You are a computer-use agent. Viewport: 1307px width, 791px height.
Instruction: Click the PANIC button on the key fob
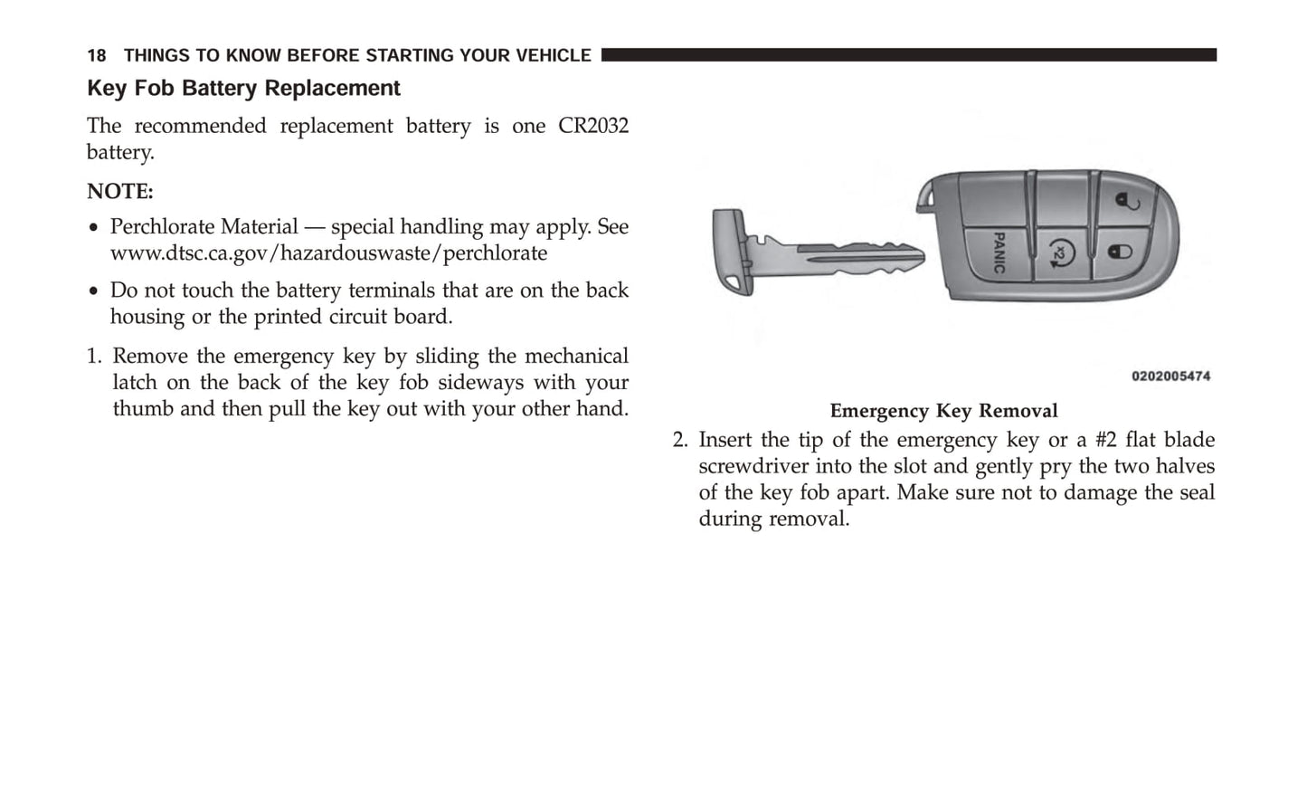click(x=999, y=253)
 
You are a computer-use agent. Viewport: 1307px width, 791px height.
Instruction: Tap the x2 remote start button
click(x=1060, y=254)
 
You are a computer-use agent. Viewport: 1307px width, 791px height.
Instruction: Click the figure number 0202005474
click(x=1170, y=376)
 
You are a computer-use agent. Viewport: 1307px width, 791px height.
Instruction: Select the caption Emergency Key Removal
click(x=943, y=411)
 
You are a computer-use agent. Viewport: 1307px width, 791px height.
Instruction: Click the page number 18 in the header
click(x=96, y=56)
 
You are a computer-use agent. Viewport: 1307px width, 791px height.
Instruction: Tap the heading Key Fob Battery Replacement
click(x=243, y=89)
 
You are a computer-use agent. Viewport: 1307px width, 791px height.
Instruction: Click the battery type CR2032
click(x=592, y=126)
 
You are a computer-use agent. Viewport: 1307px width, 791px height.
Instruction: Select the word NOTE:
click(x=120, y=192)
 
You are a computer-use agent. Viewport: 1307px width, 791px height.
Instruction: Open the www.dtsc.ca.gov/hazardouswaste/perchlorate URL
click(x=328, y=253)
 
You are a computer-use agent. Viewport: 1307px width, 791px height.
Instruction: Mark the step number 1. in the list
click(x=95, y=357)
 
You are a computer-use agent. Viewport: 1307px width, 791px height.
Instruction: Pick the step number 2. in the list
click(x=680, y=441)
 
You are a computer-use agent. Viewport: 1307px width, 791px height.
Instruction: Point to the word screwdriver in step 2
click(x=752, y=467)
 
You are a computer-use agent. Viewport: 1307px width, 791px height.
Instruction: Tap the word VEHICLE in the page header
click(x=553, y=56)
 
